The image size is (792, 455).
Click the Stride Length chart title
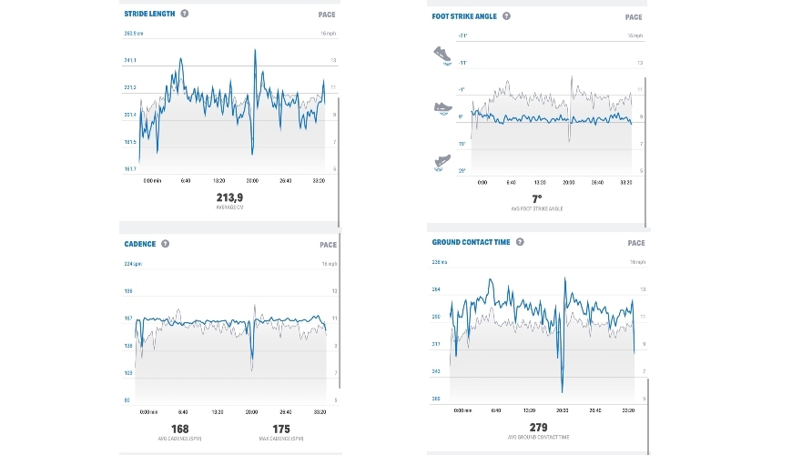149,15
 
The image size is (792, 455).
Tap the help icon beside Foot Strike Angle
507,15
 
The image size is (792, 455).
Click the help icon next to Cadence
166,244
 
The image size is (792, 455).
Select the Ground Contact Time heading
471,242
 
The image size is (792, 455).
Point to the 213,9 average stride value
228,197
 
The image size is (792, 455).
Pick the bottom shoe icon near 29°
442,163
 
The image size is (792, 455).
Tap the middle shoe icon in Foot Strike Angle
442,107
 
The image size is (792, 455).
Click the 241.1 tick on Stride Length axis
130,60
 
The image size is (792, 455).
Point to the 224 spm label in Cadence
132,264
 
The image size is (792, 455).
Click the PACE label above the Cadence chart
328,245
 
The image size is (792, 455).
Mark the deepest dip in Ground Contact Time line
564,392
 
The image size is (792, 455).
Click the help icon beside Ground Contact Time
520,242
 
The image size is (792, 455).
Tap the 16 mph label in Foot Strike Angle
635,35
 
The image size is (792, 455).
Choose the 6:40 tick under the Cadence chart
183,412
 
